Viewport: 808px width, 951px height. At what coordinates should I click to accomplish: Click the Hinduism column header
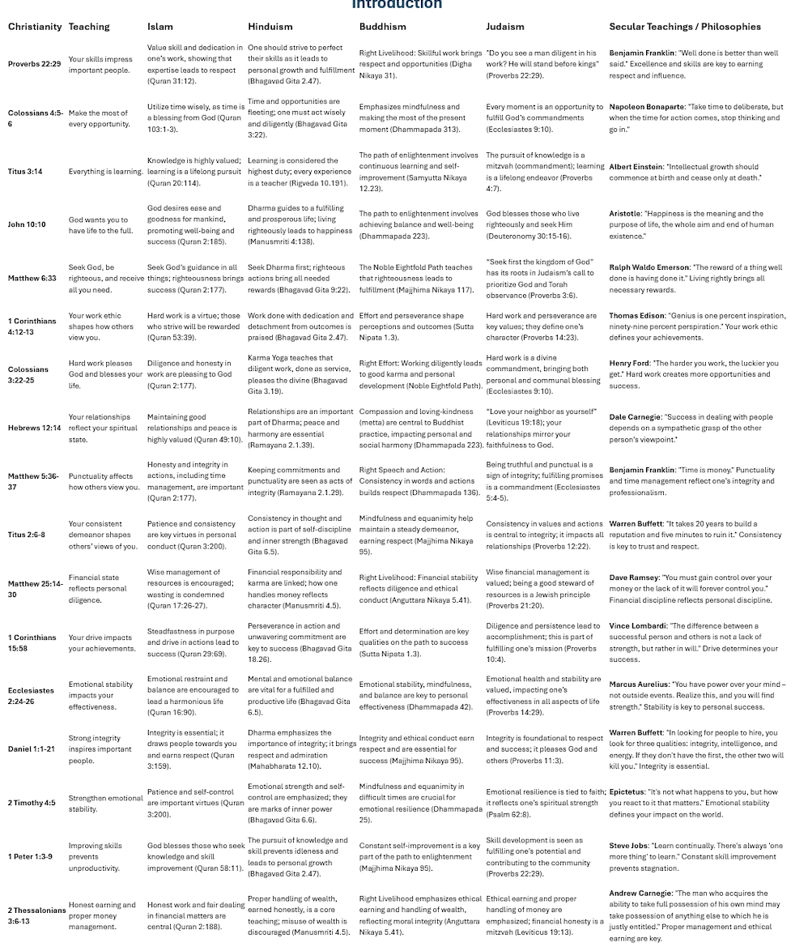tap(270, 27)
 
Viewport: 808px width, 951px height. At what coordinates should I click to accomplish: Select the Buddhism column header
tap(383, 27)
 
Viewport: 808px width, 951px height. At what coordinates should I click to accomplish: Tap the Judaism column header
tap(505, 27)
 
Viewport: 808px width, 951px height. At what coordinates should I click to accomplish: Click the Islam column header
tap(159, 27)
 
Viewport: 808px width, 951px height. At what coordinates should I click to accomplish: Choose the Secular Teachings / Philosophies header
tap(685, 27)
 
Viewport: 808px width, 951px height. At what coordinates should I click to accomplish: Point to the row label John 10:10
tap(27, 225)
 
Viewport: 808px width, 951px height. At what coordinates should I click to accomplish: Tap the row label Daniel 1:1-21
tap(31, 749)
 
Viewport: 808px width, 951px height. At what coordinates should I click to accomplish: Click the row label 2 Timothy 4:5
tap(32, 803)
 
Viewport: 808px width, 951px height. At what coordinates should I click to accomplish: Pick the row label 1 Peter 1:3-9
tap(30, 856)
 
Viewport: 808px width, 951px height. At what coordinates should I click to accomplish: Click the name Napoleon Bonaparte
tap(647, 107)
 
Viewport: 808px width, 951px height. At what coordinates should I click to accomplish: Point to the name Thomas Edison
tap(636, 316)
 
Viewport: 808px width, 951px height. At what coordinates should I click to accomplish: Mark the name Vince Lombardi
tap(637, 626)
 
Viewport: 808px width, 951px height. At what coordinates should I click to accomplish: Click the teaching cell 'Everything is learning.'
tap(105, 172)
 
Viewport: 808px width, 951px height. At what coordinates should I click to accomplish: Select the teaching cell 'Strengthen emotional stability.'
tap(105, 803)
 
